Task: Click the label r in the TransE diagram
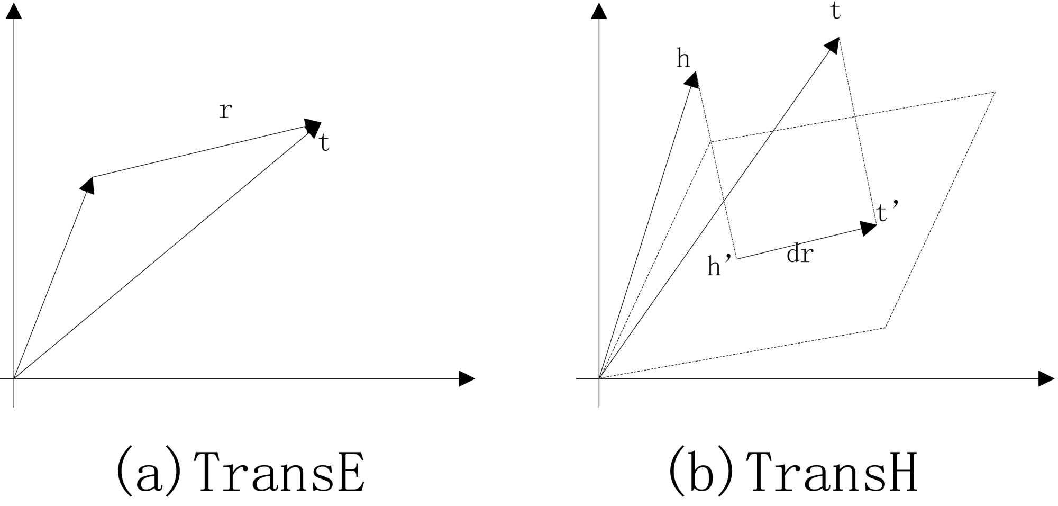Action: click(x=226, y=111)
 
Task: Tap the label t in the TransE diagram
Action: click(x=325, y=143)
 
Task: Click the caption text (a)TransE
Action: click(x=241, y=471)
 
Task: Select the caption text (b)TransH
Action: click(x=793, y=471)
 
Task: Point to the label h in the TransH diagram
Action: click(x=683, y=59)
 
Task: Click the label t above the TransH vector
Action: click(x=836, y=11)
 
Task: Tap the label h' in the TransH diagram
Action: click(x=719, y=265)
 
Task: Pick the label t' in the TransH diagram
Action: click(x=887, y=212)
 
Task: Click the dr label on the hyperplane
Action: click(x=799, y=255)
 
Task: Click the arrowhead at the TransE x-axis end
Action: click(x=466, y=379)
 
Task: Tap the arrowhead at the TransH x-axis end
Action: click(x=1046, y=379)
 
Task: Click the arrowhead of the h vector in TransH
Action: click(x=692, y=80)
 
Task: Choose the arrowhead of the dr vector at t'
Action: click(x=868, y=228)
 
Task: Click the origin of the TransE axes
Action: click(x=14, y=379)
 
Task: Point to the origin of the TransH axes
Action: click(x=599, y=379)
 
